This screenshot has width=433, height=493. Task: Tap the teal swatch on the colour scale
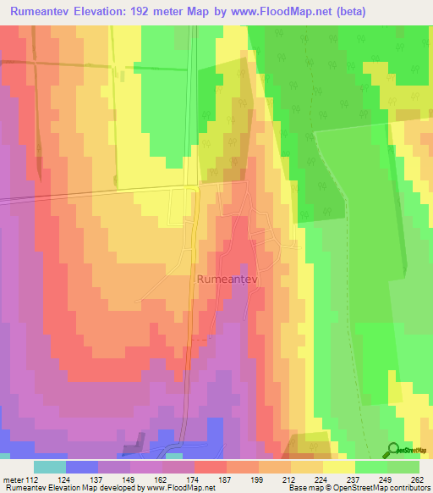pyautogui.click(x=49, y=467)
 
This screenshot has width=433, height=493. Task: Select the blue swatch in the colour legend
pyautogui.click(x=81, y=467)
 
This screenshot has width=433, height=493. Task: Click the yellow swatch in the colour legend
pyautogui.click(x=338, y=467)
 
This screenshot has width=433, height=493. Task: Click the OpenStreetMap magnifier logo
pyautogui.click(x=394, y=450)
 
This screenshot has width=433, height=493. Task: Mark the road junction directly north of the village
pyautogui.click(x=199, y=185)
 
